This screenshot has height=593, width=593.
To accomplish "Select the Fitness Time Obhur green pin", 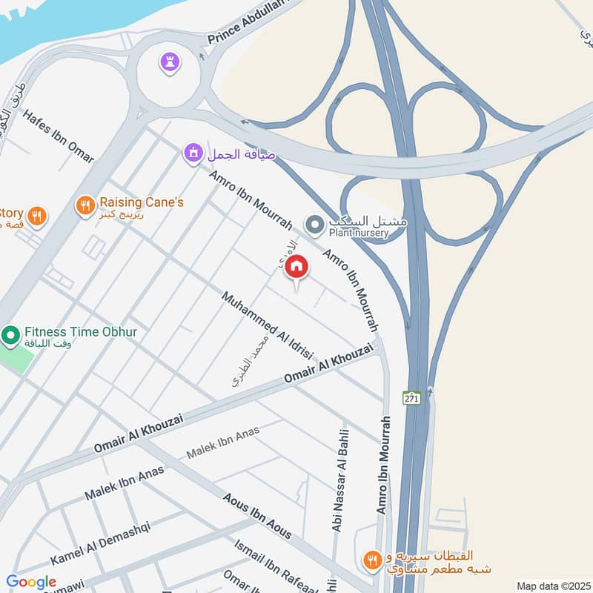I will pyautogui.click(x=10, y=337).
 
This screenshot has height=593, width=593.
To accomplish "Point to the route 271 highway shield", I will pyautogui.click(x=411, y=397).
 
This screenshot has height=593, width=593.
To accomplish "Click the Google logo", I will pyautogui.click(x=31, y=582).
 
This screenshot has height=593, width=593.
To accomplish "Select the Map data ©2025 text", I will pyautogui.click(x=552, y=586).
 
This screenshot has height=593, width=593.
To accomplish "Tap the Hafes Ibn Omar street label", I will pyautogui.click(x=59, y=136).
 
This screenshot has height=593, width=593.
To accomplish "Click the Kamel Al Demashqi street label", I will pyautogui.click(x=100, y=543).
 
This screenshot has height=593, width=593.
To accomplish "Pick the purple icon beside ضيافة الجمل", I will pyautogui.click(x=193, y=153).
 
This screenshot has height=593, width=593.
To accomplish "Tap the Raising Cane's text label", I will pyautogui.click(x=141, y=202).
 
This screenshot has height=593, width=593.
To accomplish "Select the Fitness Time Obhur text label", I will pyautogui.click(x=80, y=332).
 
